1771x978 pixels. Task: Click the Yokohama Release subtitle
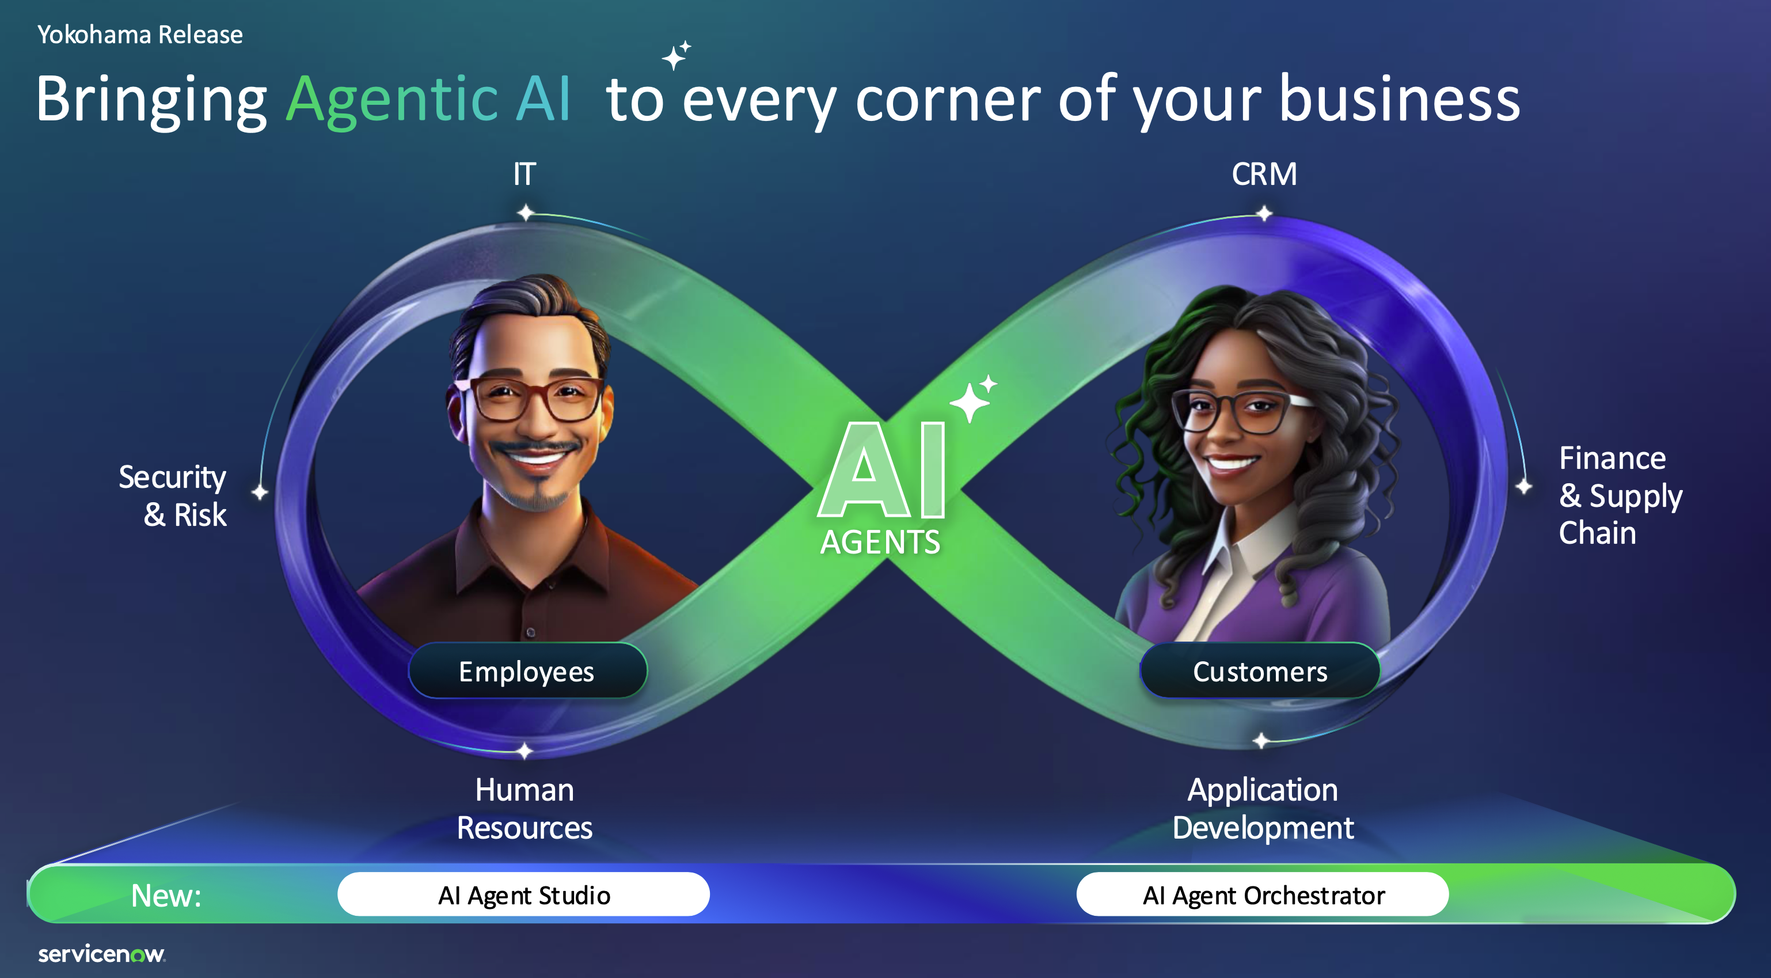pyautogui.click(x=140, y=35)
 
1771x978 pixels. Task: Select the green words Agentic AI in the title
pyautogui.click(x=428, y=100)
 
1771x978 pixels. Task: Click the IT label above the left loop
pyautogui.click(x=525, y=174)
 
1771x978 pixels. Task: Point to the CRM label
pyautogui.click(x=1264, y=174)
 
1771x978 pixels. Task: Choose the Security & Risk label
pyautogui.click(x=173, y=495)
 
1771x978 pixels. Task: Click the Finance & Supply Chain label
pyautogui.click(x=1620, y=495)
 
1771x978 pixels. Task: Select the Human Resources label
pyautogui.click(x=525, y=809)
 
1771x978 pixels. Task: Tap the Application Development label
pyautogui.click(x=1263, y=809)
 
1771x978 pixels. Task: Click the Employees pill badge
pyautogui.click(x=527, y=670)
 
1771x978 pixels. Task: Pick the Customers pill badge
pyautogui.click(x=1260, y=670)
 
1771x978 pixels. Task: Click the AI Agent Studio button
pyautogui.click(x=523, y=894)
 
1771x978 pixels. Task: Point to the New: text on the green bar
pyautogui.click(x=166, y=896)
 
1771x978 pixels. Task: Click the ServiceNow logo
pyautogui.click(x=102, y=954)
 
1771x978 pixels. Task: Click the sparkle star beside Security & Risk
pyautogui.click(x=259, y=492)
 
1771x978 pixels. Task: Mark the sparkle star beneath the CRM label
pyautogui.click(x=1264, y=213)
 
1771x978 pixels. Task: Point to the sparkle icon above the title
pyautogui.click(x=677, y=55)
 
